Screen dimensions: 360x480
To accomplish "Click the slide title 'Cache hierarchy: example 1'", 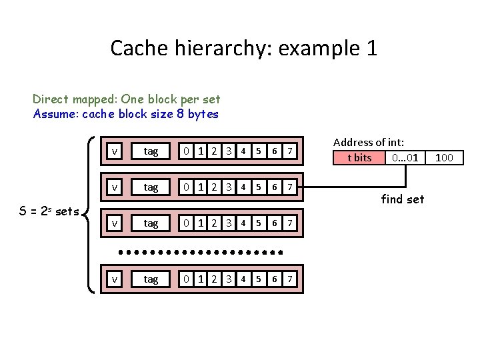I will pyautogui.click(x=243, y=48).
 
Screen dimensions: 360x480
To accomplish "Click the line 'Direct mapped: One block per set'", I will pyautogui.click(x=126, y=99).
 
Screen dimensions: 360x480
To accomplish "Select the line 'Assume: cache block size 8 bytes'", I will pyautogui.click(x=125, y=114).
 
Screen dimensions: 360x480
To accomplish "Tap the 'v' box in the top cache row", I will pyautogui.click(x=115, y=151).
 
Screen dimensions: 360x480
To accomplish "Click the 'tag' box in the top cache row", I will pyautogui.click(x=151, y=151).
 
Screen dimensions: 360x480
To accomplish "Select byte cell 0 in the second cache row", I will pyautogui.click(x=189, y=187).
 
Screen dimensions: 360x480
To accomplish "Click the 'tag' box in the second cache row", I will pyautogui.click(x=151, y=187).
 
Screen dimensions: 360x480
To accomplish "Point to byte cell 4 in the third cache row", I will pyautogui.click(x=243, y=223).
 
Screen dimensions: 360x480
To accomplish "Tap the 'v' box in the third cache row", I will pyautogui.click(x=115, y=223).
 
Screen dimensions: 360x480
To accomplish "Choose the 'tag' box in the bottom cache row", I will pyautogui.click(x=151, y=279).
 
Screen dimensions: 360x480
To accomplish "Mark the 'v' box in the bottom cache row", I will pyautogui.click(x=115, y=279).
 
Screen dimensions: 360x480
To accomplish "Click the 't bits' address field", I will pyautogui.click(x=360, y=158).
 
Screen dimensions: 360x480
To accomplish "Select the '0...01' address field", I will pyautogui.click(x=405, y=158).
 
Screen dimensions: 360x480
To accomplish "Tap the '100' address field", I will pyautogui.click(x=443, y=158).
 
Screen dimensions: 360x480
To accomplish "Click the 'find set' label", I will pyautogui.click(x=402, y=199).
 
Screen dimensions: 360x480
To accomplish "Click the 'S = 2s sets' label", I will pyautogui.click(x=49, y=212).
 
